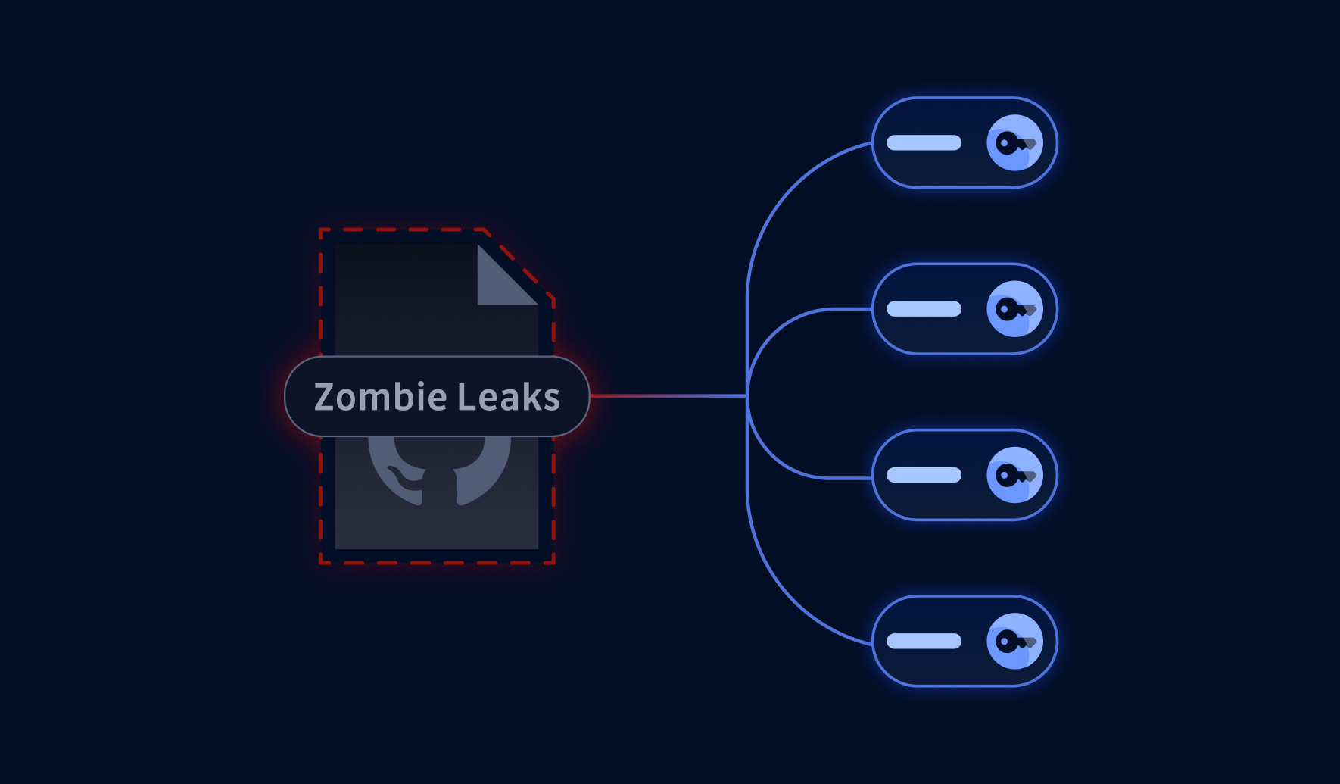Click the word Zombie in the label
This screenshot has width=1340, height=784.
click(381, 397)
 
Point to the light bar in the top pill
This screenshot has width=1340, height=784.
click(924, 143)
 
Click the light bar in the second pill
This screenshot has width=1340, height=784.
click(924, 309)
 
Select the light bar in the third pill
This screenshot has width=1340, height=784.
click(924, 475)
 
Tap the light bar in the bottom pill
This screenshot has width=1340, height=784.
click(924, 642)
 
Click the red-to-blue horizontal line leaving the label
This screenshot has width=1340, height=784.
click(666, 395)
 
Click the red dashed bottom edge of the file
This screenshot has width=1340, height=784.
click(438, 563)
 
